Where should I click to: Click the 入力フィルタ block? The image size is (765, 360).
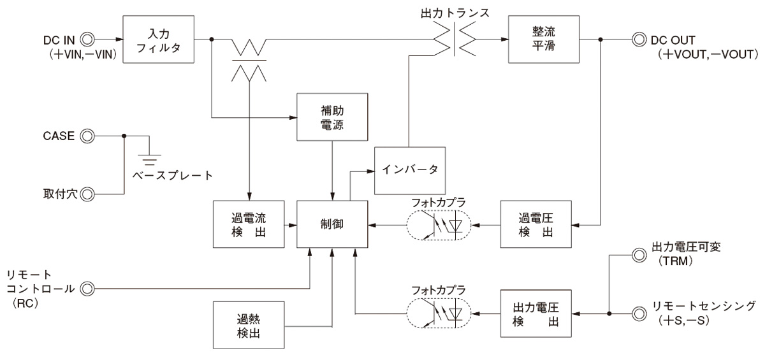click(158, 40)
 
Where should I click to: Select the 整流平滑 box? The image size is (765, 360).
click(536, 40)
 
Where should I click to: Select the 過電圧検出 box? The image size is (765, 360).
click(536, 224)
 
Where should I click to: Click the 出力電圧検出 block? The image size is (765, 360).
click(536, 313)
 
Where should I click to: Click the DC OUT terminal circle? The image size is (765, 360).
click(637, 40)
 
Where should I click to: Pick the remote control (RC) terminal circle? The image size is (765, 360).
click(87, 289)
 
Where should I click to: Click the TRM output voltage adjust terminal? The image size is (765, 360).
click(637, 256)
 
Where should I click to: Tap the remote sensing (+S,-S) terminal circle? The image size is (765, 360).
click(637, 313)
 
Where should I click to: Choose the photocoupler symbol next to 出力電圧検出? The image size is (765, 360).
click(437, 313)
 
